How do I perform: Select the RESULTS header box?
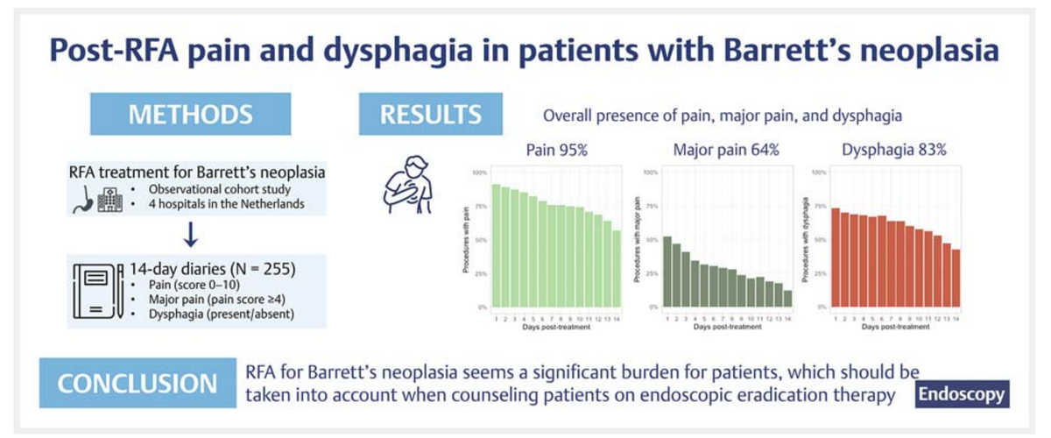[430, 115]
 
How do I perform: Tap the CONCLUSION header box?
[137, 385]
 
